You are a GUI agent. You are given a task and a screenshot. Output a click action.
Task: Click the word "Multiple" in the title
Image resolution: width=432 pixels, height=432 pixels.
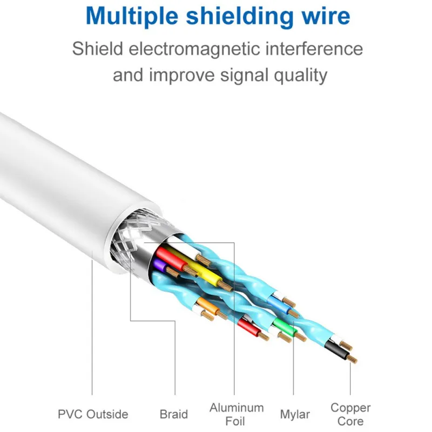click(x=132, y=16)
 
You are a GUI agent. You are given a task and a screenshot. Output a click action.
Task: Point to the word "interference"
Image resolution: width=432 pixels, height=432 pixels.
click(x=314, y=49)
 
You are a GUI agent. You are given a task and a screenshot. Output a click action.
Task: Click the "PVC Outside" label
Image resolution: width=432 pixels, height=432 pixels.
click(x=93, y=414)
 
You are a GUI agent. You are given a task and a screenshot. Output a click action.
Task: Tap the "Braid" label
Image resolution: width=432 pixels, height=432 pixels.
click(x=173, y=414)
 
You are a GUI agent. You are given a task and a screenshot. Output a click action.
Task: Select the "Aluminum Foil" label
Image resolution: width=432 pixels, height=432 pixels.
click(x=237, y=414)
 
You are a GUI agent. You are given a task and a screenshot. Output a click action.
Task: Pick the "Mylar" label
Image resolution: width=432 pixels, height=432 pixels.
click(x=295, y=414)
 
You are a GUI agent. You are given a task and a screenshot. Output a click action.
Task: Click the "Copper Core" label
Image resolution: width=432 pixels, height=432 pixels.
click(x=350, y=414)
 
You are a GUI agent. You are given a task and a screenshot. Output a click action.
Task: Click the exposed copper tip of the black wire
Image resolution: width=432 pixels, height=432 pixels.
click(x=352, y=359)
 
